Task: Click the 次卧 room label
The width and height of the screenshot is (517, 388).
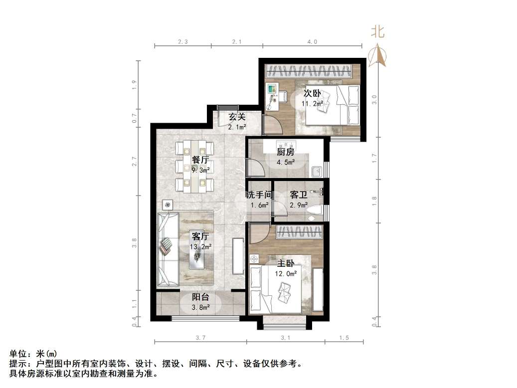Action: click(x=313, y=93)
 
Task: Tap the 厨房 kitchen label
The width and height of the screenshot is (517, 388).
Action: click(x=286, y=152)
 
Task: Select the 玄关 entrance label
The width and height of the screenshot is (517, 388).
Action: click(x=237, y=117)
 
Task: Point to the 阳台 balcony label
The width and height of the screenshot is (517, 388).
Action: click(x=200, y=297)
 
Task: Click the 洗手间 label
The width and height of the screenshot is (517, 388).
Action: click(x=258, y=194)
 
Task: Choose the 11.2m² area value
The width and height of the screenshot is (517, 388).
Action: click(x=313, y=104)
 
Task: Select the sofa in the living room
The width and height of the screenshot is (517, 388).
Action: click(x=168, y=249)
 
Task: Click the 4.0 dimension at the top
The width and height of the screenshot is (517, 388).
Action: click(x=312, y=42)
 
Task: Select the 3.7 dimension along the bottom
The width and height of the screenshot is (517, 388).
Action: click(x=200, y=338)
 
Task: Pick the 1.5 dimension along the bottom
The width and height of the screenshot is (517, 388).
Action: click(x=344, y=338)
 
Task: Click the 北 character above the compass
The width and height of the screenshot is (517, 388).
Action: click(x=377, y=32)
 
